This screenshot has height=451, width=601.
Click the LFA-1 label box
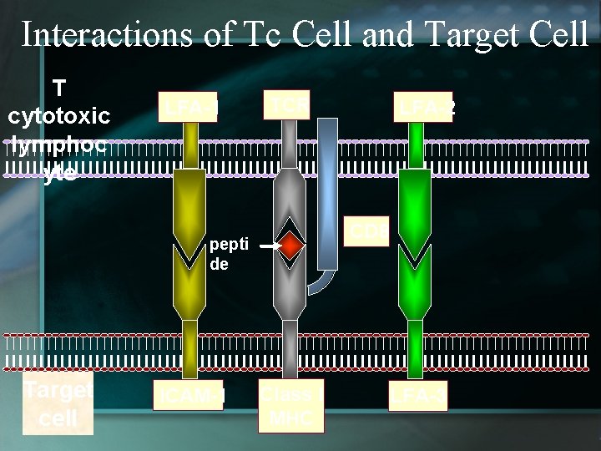pyautogui.click(x=189, y=107)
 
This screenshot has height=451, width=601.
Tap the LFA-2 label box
pyautogui.click(x=425, y=106)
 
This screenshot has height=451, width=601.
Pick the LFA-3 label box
pyautogui.click(x=417, y=396)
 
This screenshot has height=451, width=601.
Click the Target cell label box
pyautogui.click(x=58, y=404)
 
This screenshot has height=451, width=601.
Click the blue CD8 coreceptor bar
pyautogui.click(x=328, y=192)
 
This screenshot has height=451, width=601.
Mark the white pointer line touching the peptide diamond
pyautogui.click(x=267, y=247)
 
